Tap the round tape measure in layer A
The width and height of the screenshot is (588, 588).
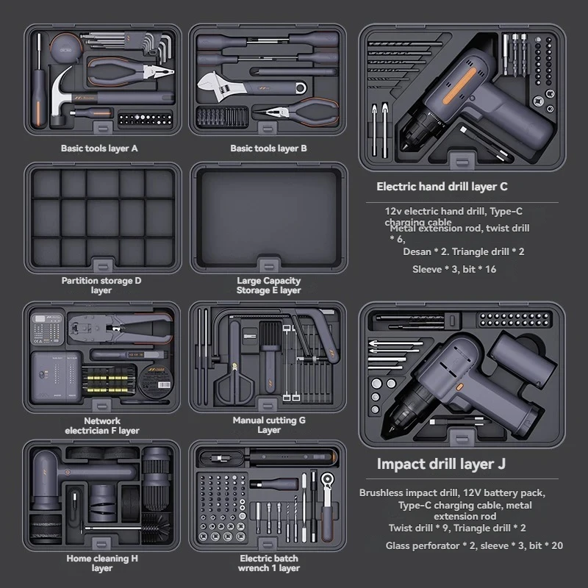[x=67, y=48]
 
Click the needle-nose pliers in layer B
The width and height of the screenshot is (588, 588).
[x=296, y=112]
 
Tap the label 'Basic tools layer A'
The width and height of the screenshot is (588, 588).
[x=99, y=148]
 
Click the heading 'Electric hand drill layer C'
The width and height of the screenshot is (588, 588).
[x=442, y=187]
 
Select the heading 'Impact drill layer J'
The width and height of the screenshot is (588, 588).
[x=441, y=464]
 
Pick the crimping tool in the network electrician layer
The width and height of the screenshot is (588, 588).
[x=120, y=327]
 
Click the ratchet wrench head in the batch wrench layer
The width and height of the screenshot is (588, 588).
[x=327, y=479]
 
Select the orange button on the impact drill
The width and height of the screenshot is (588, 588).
[x=459, y=387]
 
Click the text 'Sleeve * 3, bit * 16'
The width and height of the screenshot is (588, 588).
[x=454, y=269]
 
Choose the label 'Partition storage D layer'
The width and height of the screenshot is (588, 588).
[x=101, y=285]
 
